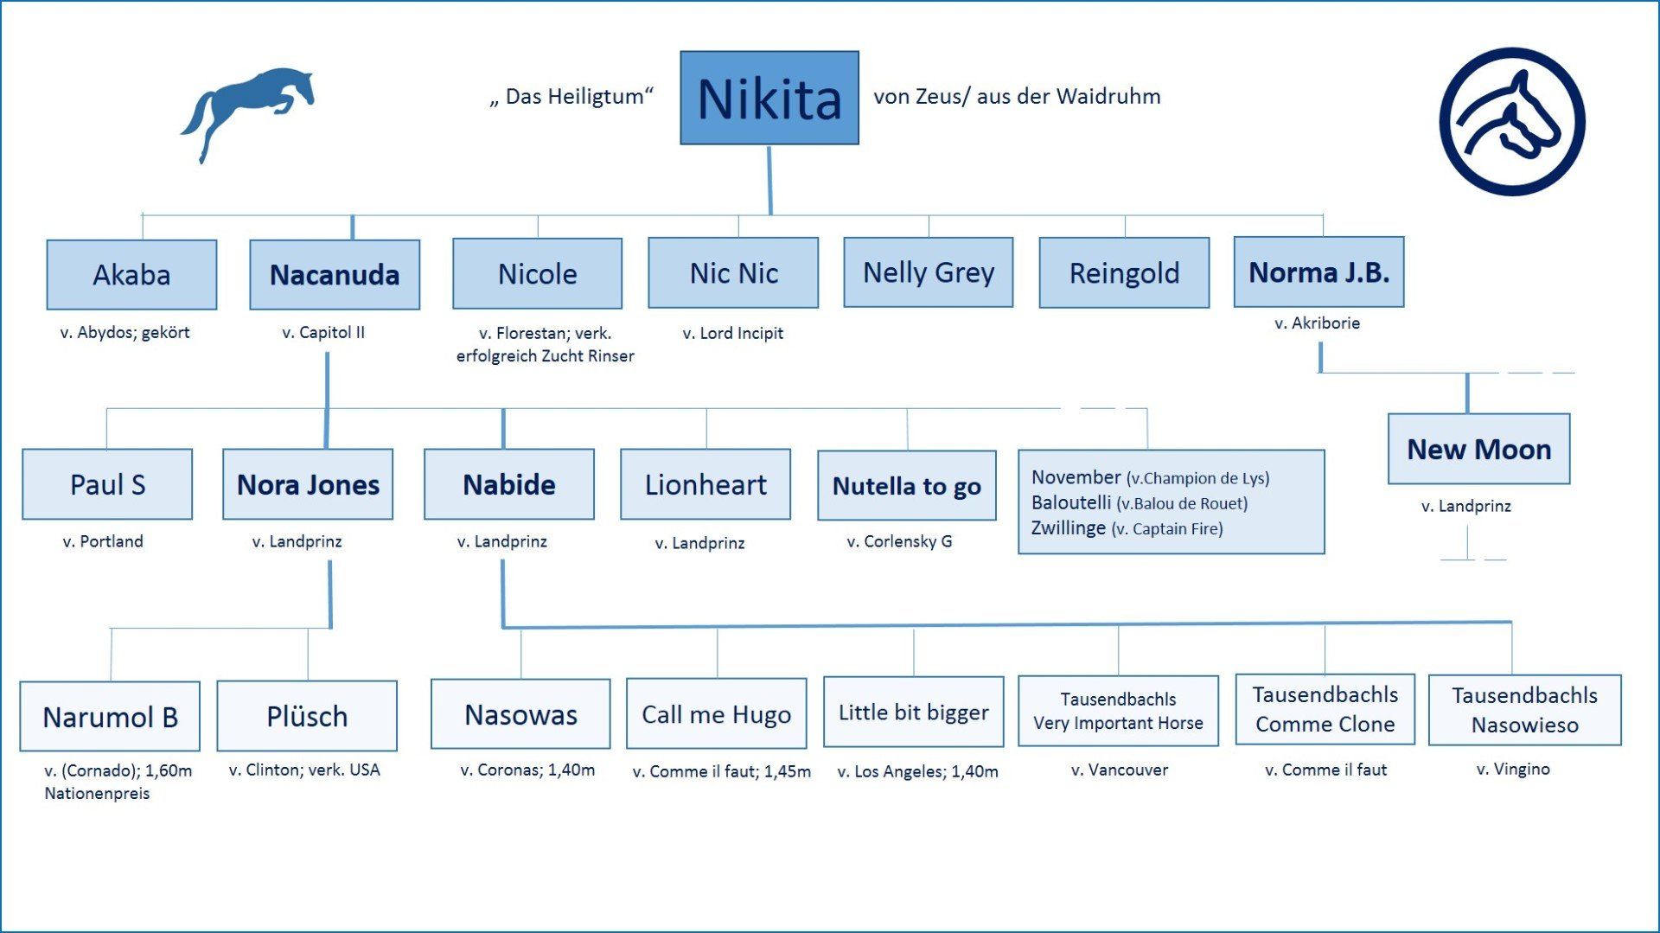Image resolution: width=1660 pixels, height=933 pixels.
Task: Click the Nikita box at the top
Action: (x=769, y=98)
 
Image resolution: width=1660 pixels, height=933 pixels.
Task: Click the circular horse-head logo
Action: (x=1511, y=121)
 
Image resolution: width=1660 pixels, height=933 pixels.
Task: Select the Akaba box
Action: (x=131, y=275)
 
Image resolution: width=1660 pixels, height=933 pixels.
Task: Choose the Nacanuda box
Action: (x=335, y=275)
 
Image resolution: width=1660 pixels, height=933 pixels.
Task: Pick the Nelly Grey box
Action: (x=929, y=272)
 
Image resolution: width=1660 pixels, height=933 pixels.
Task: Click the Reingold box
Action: (x=1124, y=273)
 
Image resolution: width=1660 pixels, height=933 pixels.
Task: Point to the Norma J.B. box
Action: (x=1318, y=272)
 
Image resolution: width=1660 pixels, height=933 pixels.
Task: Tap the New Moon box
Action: (x=1478, y=449)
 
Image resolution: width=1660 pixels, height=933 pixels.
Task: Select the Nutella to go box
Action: (x=906, y=486)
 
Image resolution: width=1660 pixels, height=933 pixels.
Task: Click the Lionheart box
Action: (x=705, y=484)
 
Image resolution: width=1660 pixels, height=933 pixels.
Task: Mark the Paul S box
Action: (x=107, y=484)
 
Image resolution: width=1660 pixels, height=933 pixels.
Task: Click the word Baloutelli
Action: (x=1071, y=502)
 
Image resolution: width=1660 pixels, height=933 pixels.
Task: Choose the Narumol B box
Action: (x=110, y=717)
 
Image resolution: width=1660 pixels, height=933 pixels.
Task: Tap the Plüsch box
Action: (x=307, y=716)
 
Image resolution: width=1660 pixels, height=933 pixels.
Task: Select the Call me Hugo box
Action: (x=716, y=714)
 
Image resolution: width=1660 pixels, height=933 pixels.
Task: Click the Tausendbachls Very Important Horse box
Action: (x=1118, y=711)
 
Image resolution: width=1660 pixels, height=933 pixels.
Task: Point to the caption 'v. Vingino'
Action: (x=1513, y=769)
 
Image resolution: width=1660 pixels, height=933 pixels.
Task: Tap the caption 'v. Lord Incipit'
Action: (x=732, y=333)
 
